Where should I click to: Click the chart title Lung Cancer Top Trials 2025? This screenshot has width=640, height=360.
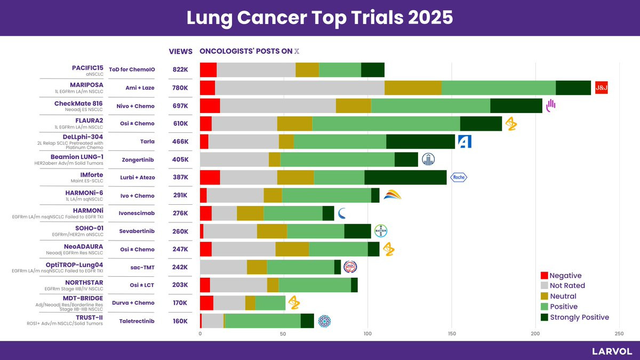pos(319,18)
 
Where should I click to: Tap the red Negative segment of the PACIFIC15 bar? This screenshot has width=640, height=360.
pos(208,69)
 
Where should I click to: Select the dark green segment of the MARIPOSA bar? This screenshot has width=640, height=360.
pos(573,87)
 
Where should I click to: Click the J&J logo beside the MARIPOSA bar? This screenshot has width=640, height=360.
pos(602,87)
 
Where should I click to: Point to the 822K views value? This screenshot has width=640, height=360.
pos(180,69)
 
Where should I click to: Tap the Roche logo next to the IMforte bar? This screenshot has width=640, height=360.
pos(459,178)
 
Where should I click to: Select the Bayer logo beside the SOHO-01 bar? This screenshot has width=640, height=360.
pos(381,231)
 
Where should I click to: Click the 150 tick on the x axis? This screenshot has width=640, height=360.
pos(452,334)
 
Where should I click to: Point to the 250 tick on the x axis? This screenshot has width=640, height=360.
pos(619,334)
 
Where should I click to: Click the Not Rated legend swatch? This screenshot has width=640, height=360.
pos(544,286)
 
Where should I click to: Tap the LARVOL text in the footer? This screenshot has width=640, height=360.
pos(612,351)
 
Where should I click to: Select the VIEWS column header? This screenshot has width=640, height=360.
pos(180,52)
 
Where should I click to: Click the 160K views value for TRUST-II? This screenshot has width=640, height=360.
pos(180,321)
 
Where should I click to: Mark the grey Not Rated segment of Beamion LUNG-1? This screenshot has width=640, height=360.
pos(234,159)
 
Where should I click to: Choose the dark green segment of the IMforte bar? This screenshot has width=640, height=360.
pos(405,178)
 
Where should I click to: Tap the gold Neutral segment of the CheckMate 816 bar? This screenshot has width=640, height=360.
pos(353,106)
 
